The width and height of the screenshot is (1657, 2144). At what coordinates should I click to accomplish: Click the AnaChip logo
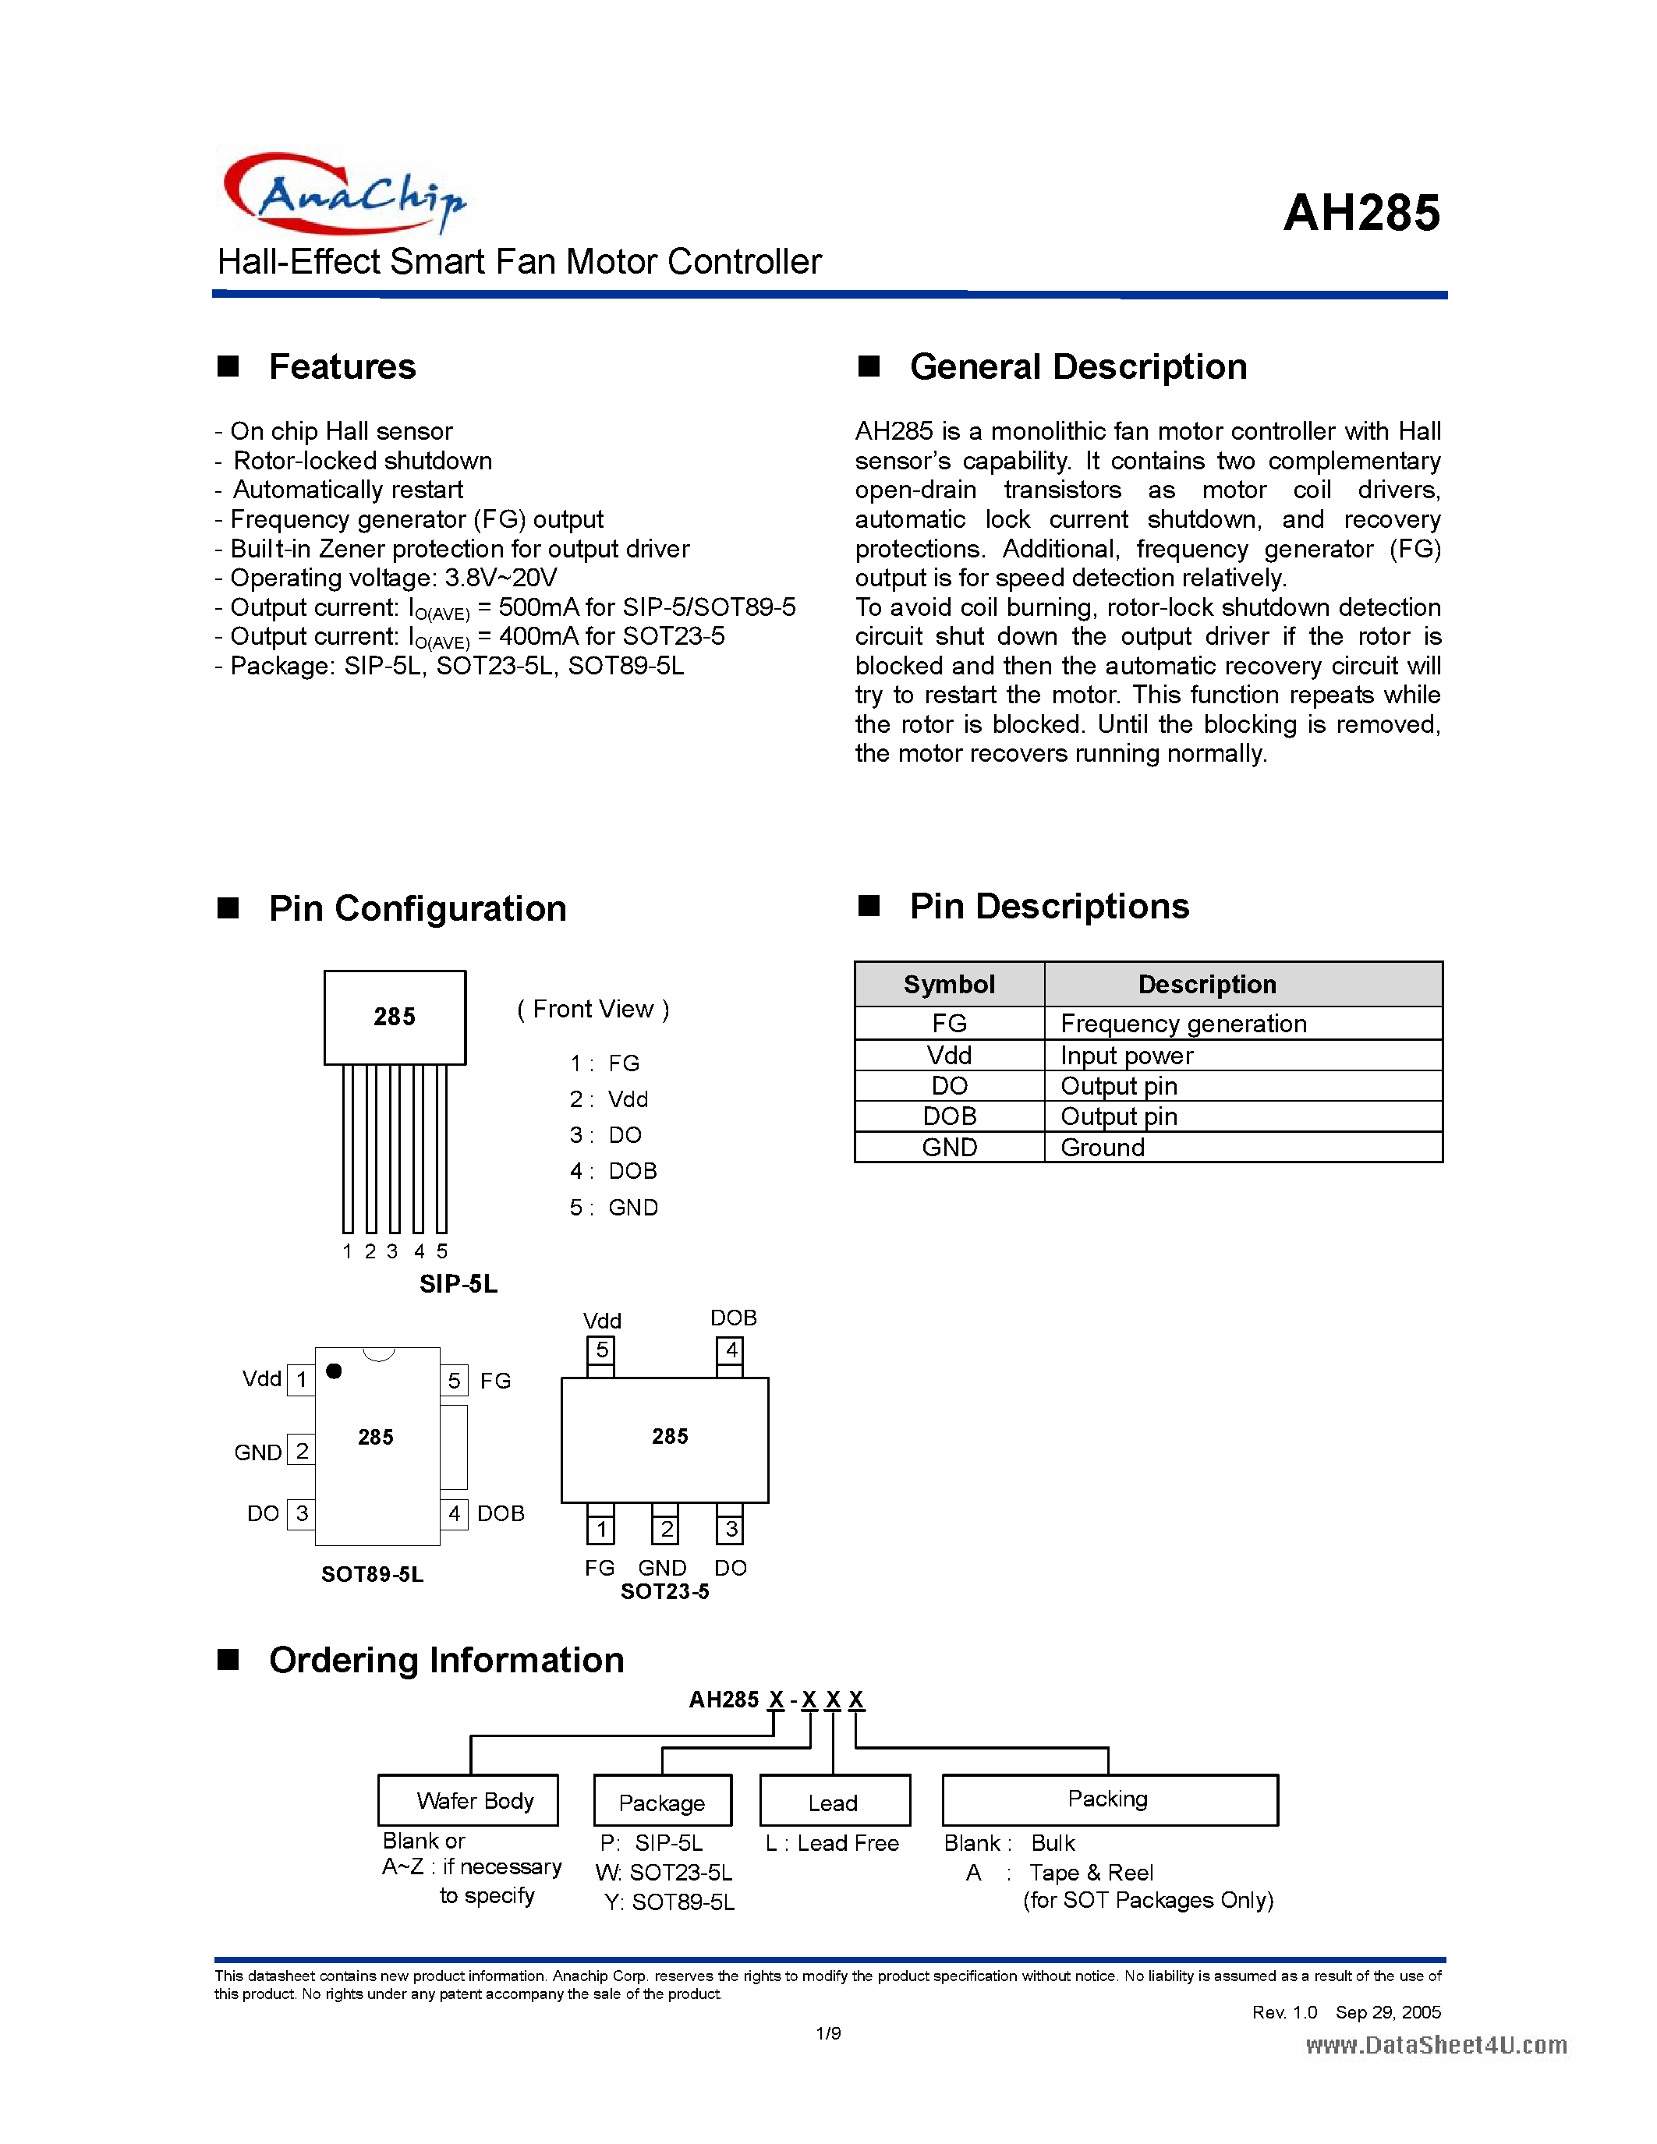345,193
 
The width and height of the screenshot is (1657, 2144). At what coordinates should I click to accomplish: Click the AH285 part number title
1361,213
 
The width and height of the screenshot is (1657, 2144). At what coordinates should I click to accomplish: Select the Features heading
342,366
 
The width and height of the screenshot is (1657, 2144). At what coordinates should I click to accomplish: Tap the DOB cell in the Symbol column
948,1116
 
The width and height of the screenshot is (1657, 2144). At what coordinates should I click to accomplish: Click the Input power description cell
1126,1056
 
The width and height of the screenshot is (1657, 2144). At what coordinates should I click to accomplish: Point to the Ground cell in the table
1103,1148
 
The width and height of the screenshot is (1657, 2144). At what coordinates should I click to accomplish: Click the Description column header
1206,984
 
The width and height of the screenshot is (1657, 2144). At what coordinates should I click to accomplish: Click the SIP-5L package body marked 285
395,1017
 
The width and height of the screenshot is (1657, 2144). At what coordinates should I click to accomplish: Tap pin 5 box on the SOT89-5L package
454,1380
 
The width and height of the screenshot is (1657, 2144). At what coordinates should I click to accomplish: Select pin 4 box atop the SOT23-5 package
731,1351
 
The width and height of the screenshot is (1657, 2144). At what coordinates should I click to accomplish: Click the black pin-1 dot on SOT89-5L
334,1371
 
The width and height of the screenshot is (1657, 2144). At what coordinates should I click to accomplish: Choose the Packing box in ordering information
1108,1799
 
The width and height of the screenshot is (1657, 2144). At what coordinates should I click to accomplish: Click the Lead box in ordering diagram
834,1803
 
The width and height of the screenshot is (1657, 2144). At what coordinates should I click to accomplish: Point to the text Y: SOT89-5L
668,1902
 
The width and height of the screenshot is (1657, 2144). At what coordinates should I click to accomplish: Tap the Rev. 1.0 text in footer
1283,2012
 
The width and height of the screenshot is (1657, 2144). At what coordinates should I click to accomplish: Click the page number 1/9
827,2033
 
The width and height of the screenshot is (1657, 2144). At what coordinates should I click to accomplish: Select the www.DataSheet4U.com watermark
1435,2045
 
